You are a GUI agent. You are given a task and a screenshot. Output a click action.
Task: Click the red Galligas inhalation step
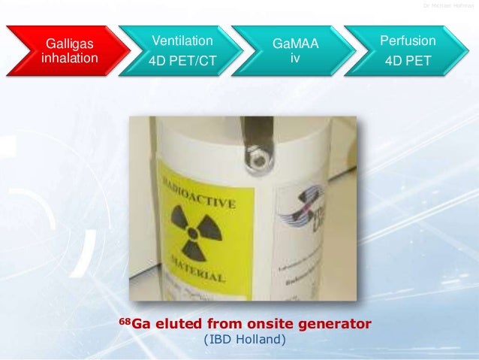[68, 50]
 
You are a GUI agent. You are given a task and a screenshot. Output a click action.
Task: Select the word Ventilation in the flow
[182, 41]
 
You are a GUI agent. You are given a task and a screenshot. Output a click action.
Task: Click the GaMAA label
[296, 44]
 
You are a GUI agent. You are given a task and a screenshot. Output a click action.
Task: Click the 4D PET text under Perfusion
[408, 60]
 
